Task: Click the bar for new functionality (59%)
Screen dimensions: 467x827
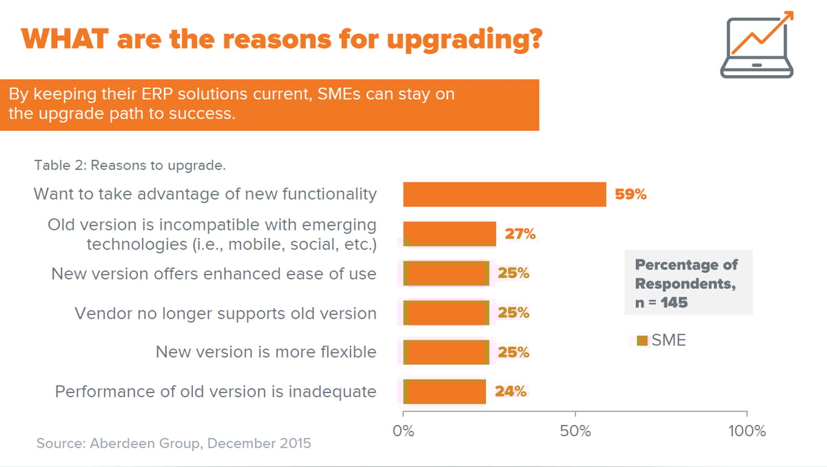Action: click(x=504, y=195)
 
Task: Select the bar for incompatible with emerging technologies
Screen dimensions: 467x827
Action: click(x=449, y=234)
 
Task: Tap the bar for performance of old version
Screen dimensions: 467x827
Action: click(x=445, y=391)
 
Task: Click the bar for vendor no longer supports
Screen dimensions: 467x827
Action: click(x=446, y=312)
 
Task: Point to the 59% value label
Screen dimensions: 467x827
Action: click(x=631, y=195)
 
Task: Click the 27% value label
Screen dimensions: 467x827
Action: click(x=520, y=234)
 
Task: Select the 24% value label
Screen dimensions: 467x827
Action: click(x=511, y=392)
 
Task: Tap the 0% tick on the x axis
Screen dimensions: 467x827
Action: click(x=403, y=431)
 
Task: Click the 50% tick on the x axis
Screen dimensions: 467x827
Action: click(x=575, y=431)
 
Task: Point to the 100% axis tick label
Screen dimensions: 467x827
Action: click(x=747, y=431)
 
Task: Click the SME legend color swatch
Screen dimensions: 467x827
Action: click(x=642, y=340)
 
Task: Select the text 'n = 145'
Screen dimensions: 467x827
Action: click(x=661, y=302)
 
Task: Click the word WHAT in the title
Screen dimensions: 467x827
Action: click(x=63, y=39)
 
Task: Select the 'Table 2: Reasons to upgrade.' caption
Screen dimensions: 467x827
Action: click(x=130, y=166)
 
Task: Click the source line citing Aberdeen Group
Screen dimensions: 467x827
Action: click(x=174, y=443)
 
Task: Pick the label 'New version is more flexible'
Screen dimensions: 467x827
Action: click(x=266, y=352)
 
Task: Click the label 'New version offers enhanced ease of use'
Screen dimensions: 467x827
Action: click(x=214, y=274)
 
